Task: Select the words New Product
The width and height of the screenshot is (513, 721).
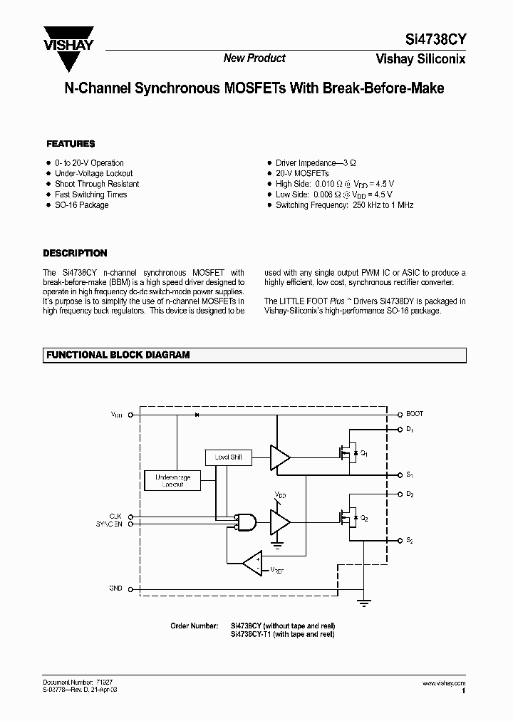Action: [254, 58]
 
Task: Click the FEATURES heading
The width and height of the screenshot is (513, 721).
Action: [71, 144]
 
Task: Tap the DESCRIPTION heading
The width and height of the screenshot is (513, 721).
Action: [75, 253]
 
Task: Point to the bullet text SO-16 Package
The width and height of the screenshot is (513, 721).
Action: [82, 205]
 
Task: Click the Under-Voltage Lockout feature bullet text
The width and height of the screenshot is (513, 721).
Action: [93, 173]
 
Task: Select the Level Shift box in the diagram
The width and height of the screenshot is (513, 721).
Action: [228, 457]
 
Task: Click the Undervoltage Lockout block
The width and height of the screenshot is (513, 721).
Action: [173, 480]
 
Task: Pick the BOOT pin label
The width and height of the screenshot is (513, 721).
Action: [415, 413]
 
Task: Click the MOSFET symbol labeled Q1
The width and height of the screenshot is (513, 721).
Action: [350, 452]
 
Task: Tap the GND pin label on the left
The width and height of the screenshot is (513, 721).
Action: [115, 588]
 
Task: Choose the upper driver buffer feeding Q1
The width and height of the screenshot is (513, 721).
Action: [279, 457]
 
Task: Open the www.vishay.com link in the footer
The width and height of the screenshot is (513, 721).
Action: [444, 683]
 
